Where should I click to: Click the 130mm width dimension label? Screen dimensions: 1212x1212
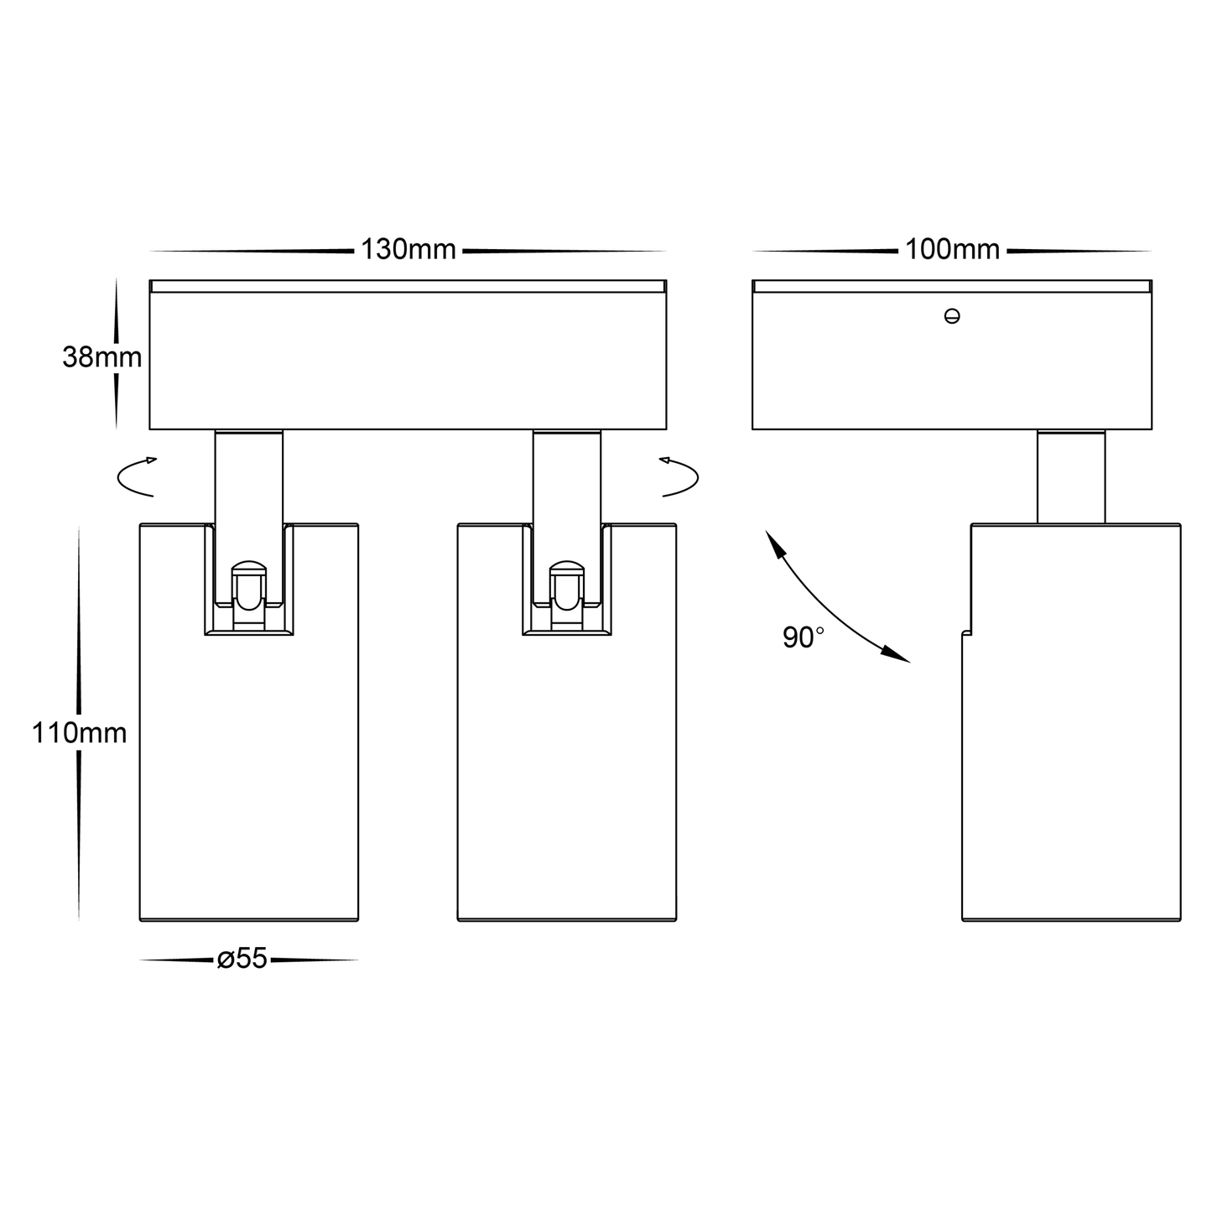[x=408, y=250]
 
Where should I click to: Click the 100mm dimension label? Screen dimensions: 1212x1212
[x=952, y=250]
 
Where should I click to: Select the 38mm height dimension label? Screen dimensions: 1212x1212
[x=101, y=357]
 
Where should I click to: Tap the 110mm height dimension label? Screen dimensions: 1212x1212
[x=80, y=733]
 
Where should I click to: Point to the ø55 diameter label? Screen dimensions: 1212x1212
[x=242, y=960]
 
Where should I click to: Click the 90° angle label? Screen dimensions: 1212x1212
[x=803, y=637]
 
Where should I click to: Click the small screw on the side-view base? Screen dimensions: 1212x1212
[x=951, y=316]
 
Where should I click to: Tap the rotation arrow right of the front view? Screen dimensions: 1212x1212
[x=680, y=477]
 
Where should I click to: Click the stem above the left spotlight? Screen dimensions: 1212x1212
[x=248, y=478]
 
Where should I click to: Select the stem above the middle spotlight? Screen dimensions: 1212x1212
[x=566, y=478]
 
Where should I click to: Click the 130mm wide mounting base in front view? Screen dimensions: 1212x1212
[x=408, y=361]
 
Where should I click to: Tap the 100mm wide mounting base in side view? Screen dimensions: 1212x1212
[x=951, y=369]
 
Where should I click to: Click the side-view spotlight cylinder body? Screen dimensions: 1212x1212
[x=1074, y=755]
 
